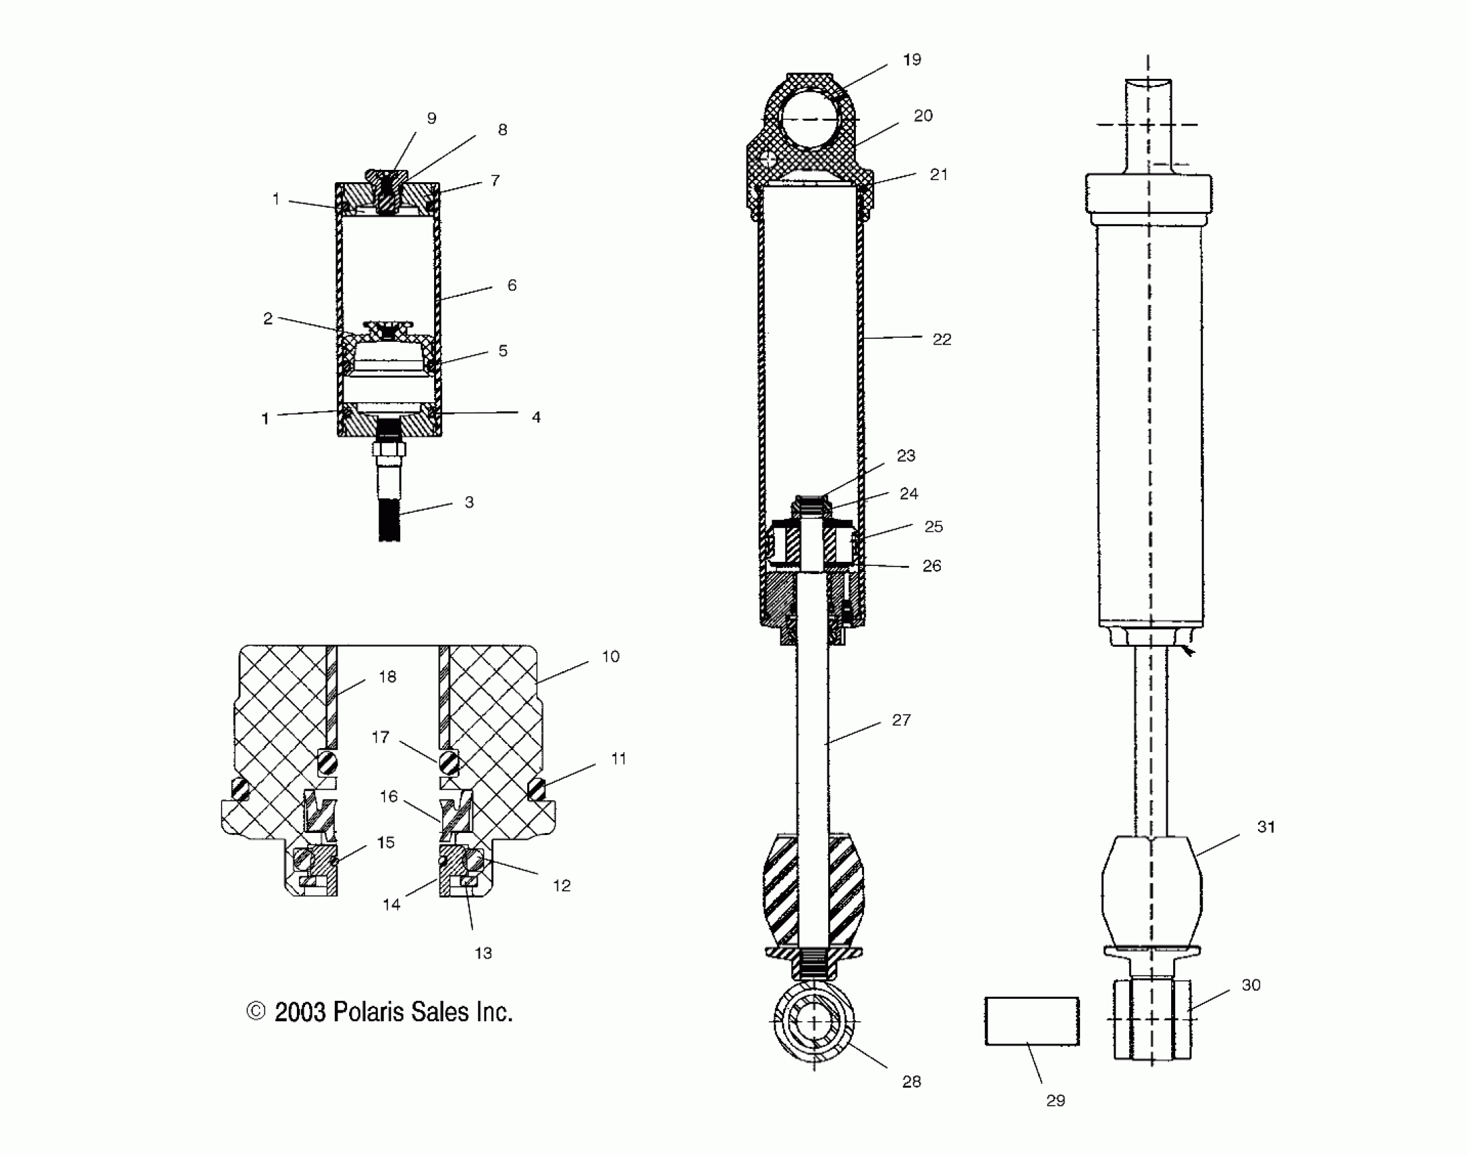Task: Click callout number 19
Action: pos(912,60)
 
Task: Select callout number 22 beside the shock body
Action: pos(942,339)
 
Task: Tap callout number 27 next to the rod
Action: pos(901,720)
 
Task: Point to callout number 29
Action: pos(1056,1101)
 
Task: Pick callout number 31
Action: pos(1266,828)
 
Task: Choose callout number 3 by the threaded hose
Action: pos(469,502)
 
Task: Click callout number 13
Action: pos(483,953)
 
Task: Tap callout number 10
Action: pos(611,656)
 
